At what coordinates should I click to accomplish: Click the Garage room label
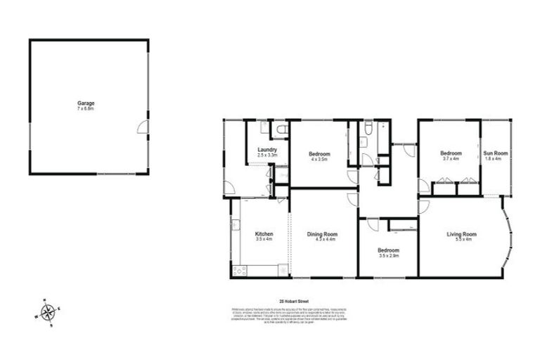[86, 103]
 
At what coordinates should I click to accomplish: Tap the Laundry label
[266, 149]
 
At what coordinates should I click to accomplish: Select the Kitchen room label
[264, 233]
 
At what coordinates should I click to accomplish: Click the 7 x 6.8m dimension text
[86, 108]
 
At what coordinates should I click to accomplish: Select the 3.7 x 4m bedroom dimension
[451, 158]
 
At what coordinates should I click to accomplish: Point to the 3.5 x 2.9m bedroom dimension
[388, 256]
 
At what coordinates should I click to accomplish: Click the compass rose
[47, 310]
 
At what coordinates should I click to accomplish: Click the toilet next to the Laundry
[279, 129]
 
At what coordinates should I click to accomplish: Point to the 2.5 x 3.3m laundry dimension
[266, 155]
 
